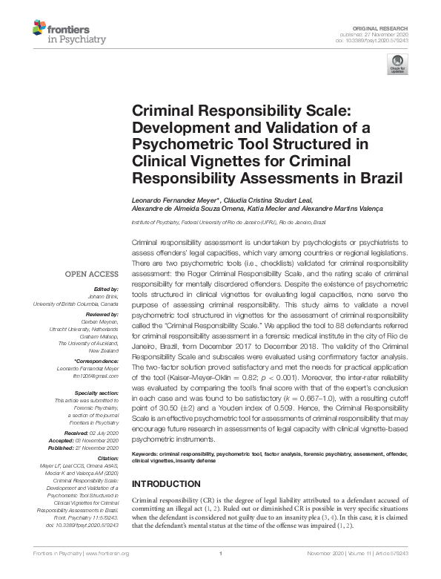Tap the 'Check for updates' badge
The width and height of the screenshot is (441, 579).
coord(398,65)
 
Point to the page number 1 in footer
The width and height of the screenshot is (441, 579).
coord(221,554)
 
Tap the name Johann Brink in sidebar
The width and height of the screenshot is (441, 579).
coord(103,296)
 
